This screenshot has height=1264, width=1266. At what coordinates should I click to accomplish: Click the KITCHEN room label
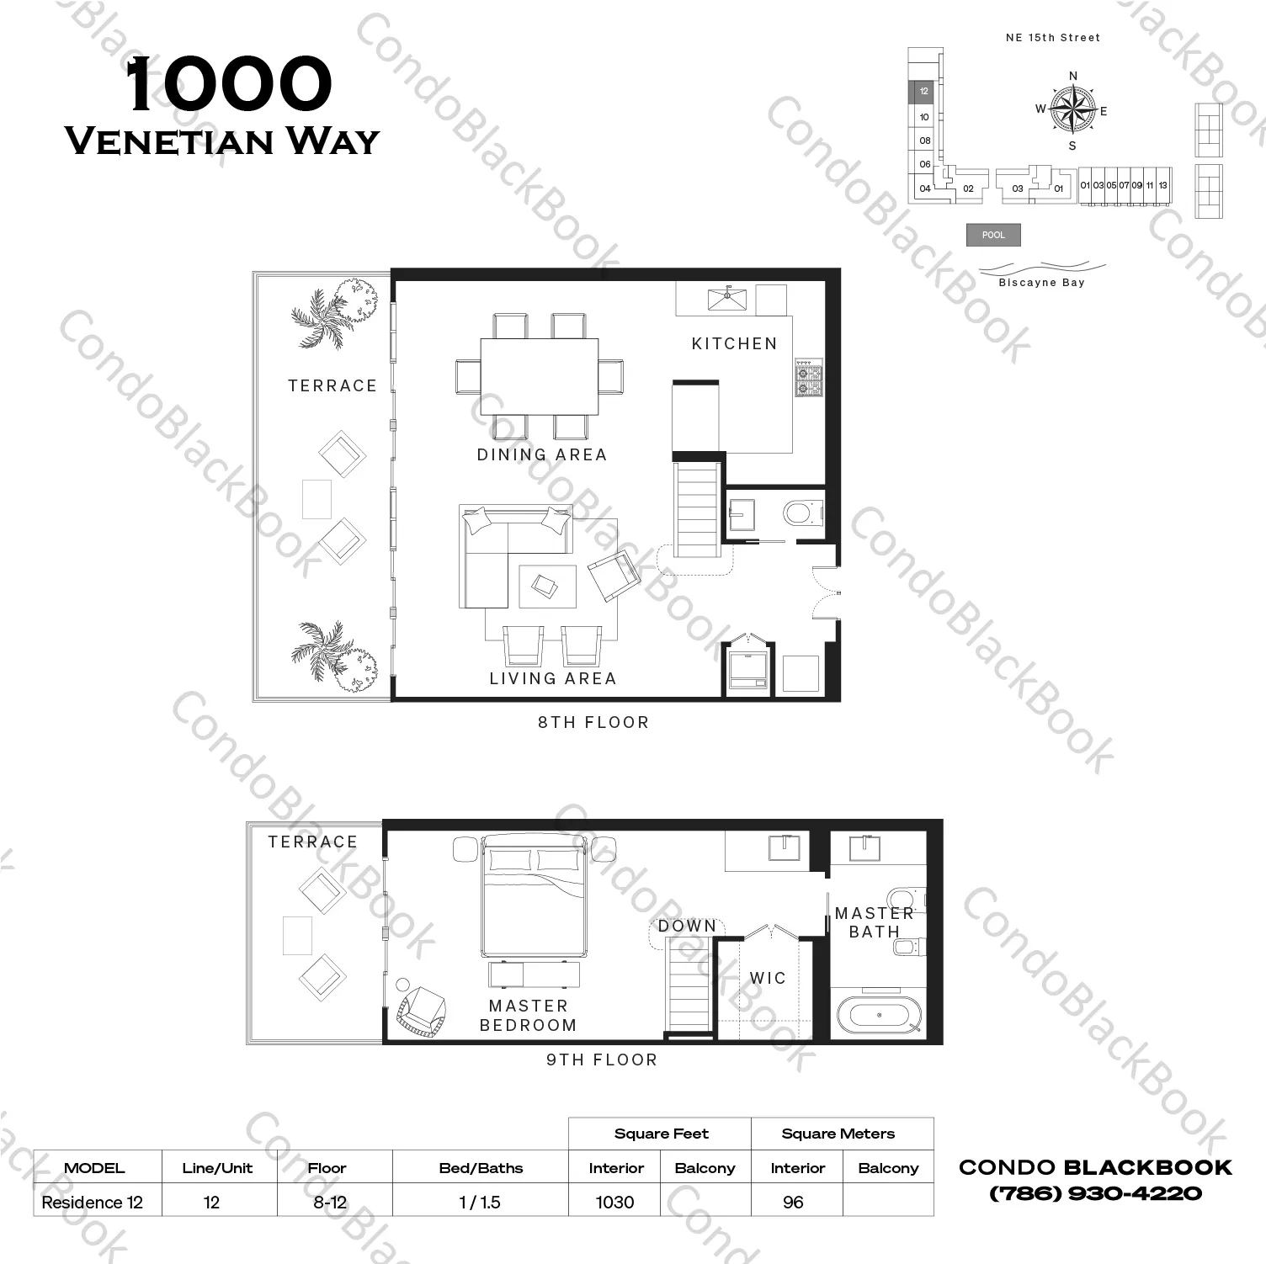click(734, 343)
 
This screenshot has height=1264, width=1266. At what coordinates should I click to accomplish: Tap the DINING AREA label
click(542, 454)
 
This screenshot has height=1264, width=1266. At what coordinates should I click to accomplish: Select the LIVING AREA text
click(553, 678)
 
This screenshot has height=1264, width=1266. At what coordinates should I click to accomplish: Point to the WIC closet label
click(768, 978)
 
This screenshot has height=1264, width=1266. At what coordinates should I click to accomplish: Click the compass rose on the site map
click(1073, 110)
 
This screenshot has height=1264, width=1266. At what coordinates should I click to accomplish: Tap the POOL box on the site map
click(993, 235)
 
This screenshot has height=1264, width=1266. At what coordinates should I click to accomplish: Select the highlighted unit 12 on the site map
click(923, 91)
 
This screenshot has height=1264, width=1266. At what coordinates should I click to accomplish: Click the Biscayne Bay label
click(1041, 283)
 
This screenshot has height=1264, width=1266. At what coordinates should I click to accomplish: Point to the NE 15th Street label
click(1053, 38)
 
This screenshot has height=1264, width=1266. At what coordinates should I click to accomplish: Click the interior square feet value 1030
click(614, 1202)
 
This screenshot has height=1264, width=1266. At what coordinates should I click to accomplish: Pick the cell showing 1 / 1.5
click(480, 1202)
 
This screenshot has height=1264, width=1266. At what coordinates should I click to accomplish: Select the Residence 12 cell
click(93, 1202)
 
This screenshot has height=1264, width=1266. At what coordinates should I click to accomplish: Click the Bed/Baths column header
click(481, 1168)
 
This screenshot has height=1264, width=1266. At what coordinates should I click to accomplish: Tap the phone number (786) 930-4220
click(1095, 1193)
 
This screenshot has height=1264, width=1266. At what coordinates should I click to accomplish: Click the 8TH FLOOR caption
click(593, 722)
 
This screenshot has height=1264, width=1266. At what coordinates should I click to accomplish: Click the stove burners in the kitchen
click(809, 379)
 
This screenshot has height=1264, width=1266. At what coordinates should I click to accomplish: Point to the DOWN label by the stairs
click(687, 926)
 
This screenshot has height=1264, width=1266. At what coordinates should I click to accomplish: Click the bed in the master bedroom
click(533, 897)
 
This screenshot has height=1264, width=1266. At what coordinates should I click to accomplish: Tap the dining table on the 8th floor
click(540, 377)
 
